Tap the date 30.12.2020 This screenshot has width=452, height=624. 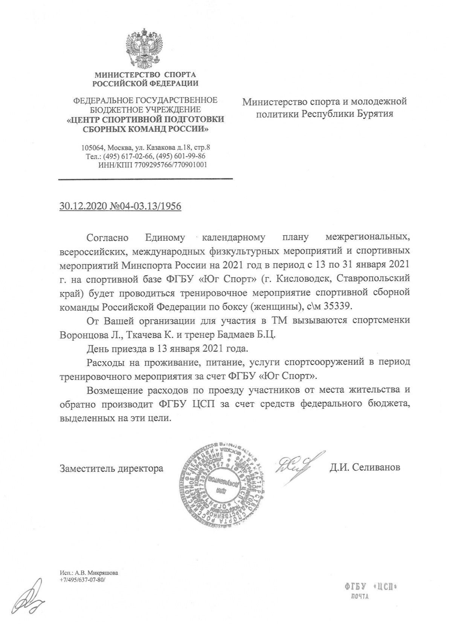click(83, 206)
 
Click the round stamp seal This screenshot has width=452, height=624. click(223, 483)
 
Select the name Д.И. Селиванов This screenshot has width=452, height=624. click(365, 468)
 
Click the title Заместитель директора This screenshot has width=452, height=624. click(111, 468)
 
